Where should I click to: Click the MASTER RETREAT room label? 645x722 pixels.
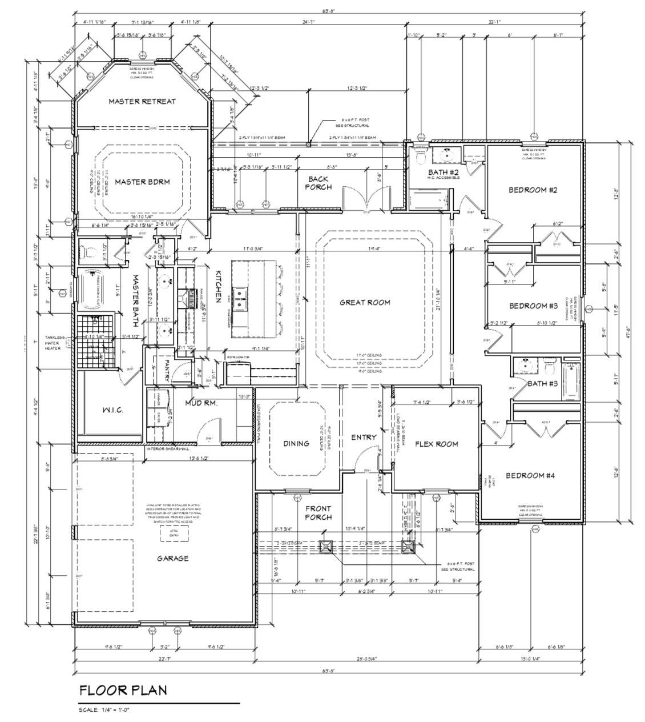point(142,101)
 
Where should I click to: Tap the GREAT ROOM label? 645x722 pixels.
point(365,302)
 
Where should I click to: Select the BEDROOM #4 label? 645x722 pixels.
point(530,475)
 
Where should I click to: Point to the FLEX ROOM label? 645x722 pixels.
point(436,444)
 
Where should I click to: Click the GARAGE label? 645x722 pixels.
point(173,558)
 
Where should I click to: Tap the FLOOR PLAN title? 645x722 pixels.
point(123,690)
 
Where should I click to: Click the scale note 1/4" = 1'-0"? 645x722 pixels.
point(105,710)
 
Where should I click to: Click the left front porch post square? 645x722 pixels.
point(326,547)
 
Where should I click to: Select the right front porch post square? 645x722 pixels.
point(408,547)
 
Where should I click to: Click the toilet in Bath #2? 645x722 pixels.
point(420,155)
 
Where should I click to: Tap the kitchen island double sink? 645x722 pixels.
point(241,295)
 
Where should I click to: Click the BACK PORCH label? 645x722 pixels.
point(318,183)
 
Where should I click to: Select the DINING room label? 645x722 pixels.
point(296,443)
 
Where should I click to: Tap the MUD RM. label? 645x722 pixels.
point(199,403)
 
